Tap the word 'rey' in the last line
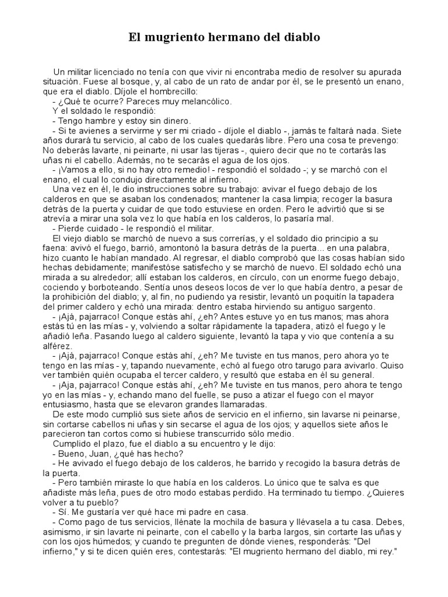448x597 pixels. [x=390, y=553]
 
